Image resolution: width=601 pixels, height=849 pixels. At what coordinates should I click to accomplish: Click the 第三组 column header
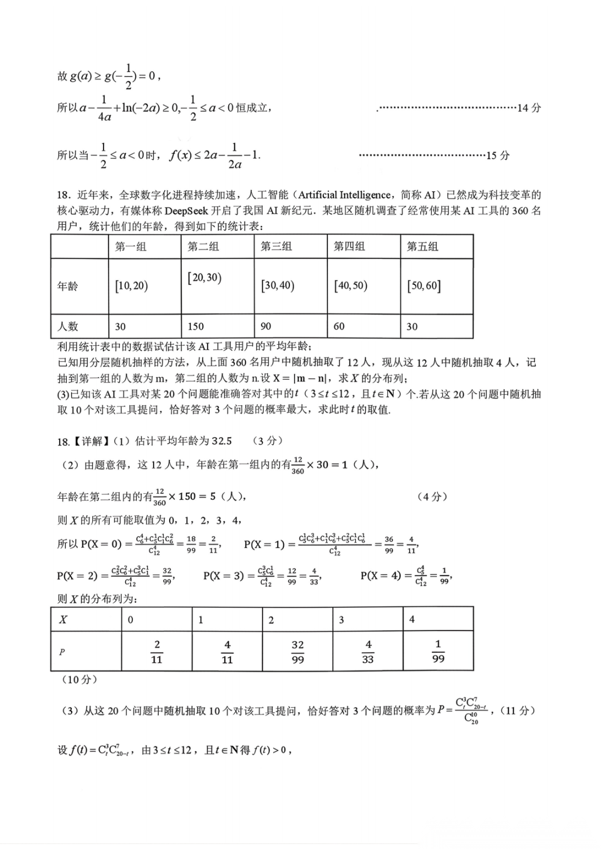(276, 246)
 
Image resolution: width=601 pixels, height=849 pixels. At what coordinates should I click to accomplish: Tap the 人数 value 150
(196, 326)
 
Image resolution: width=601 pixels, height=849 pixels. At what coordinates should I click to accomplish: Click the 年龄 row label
(68, 286)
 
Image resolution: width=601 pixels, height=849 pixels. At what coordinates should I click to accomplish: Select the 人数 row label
(68, 326)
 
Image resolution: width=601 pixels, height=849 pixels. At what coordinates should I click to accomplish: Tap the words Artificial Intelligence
(344, 195)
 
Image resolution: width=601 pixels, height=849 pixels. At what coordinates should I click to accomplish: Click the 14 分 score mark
(529, 108)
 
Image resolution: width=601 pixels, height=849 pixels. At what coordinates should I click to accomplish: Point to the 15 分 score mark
(497, 156)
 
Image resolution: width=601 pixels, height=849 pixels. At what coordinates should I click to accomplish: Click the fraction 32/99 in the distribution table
(298, 652)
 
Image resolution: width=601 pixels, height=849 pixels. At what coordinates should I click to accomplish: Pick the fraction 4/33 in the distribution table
(368, 652)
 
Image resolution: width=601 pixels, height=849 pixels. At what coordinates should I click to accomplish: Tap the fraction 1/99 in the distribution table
(438, 651)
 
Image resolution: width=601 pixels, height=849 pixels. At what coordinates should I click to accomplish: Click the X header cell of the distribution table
(63, 619)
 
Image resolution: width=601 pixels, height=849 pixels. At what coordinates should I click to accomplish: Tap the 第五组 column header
(422, 246)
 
